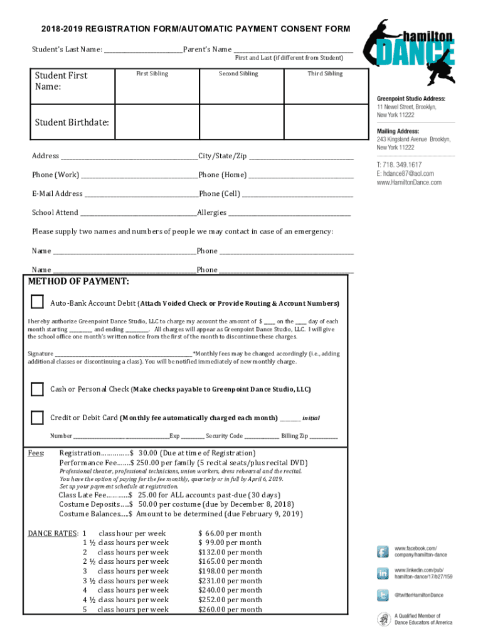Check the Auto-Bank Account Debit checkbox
(x=38, y=301)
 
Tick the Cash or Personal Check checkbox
(x=38, y=389)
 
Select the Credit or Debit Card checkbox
(x=38, y=417)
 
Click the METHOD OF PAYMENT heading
(x=79, y=281)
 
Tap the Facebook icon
(x=383, y=551)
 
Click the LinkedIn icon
(x=383, y=573)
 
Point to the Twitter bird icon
(x=383, y=595)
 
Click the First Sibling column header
(x=152, y=73)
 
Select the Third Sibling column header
(x=325, y=73)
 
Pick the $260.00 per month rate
(x=230, y=609)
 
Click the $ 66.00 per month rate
(x=230, y=533)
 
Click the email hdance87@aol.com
(x=405, y=173)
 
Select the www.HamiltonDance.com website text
(x=408, y=182)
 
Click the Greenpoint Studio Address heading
(x=411, y=99)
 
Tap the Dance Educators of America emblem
(x=383, y=619)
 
